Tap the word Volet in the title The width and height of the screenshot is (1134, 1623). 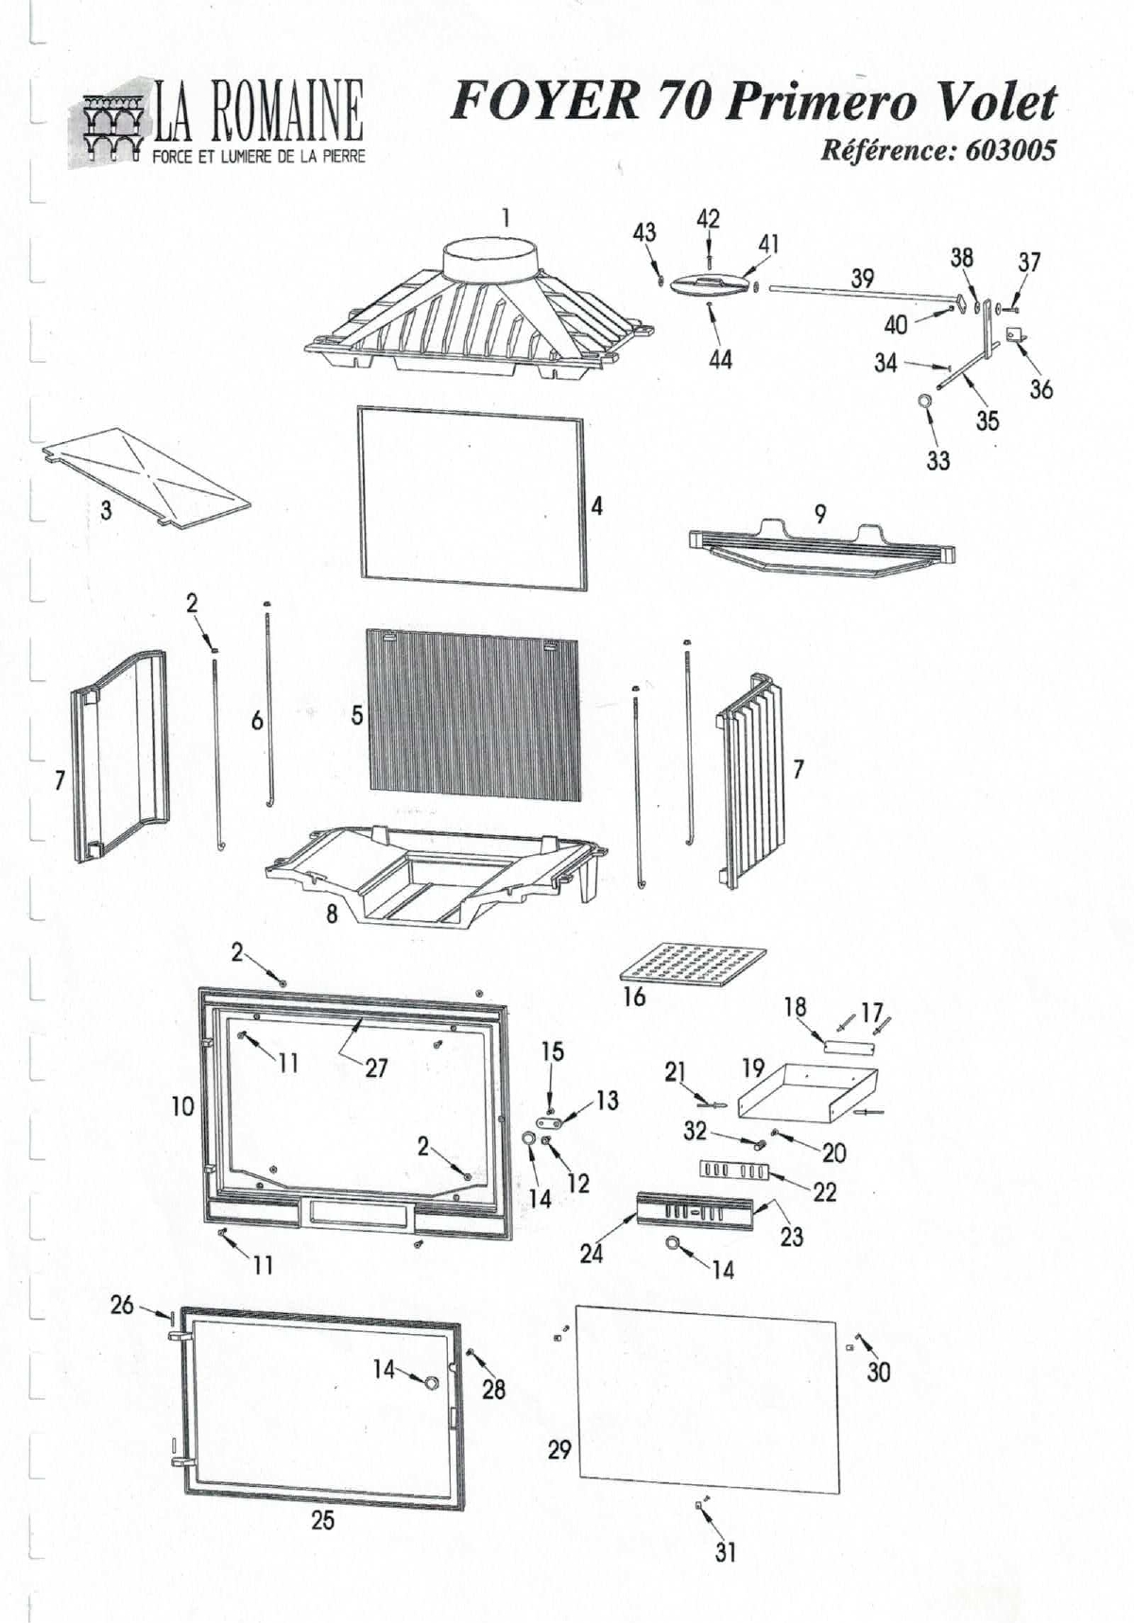(995, 102)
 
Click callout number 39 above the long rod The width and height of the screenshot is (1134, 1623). (862, 278)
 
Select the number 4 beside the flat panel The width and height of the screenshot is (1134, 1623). (596, 506)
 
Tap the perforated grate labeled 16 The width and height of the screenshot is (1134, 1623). (693, 964)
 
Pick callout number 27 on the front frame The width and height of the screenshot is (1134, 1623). (376, 1068)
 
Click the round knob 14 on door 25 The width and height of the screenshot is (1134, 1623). (431, 1383)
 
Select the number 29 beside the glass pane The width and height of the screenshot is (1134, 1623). (559, 1449)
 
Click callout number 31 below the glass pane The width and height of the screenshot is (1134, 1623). (725, 1552)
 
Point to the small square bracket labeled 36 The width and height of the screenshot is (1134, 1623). (1015, 333)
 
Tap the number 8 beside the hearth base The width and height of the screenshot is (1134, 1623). (332, 914)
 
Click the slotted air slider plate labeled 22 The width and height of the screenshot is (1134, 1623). (735, 1170)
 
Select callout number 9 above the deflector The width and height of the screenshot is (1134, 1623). (820, 513)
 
